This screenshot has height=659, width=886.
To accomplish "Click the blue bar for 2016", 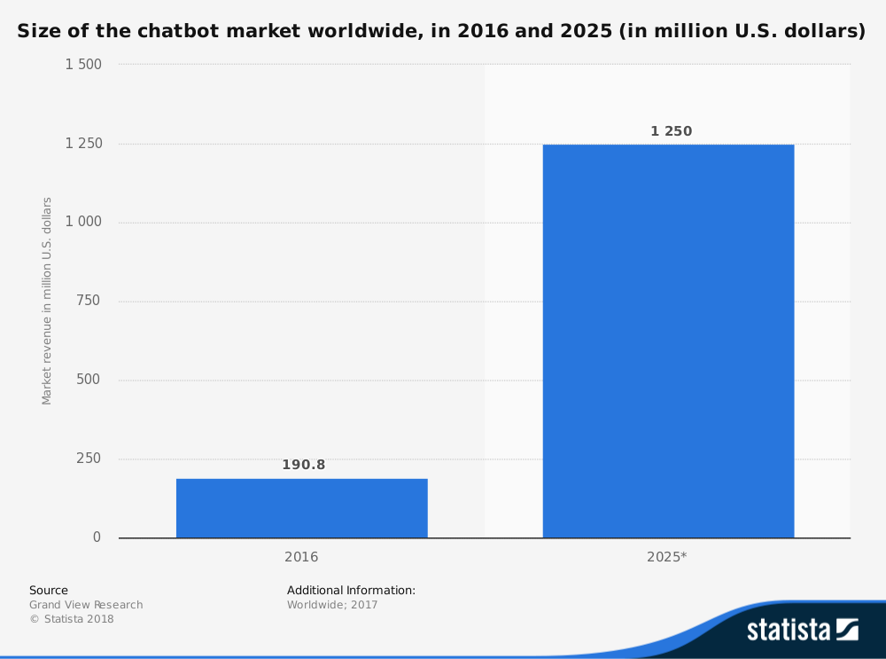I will click(x=301, y=508).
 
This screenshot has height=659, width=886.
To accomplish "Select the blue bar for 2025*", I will click(x=668, y=341).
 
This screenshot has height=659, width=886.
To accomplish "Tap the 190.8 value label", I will click(x=303, y=465).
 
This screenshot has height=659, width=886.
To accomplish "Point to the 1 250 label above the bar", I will click(x=671, y=131).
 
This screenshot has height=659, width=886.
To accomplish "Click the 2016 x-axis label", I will click(x=301, y=557).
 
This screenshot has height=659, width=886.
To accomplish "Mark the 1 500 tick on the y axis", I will click(x=84, y=65).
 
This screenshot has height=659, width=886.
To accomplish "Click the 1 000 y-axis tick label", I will click(x=84, y=222).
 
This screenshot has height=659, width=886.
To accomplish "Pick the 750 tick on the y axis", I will click(x=88, y=301).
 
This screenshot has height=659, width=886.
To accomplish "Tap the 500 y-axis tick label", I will click(x=88, y=380).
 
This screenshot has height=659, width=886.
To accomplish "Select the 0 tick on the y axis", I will click(x=97, y=537).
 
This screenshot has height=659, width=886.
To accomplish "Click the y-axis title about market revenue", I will click(x=47, y=301).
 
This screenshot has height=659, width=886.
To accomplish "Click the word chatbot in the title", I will click(x=176, y=32).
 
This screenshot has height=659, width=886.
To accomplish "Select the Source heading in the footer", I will click(x=49, y=590).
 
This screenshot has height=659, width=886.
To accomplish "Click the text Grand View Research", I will click(x=86, y=605).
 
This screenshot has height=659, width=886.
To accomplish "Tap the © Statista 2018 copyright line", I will click(x=72, y=619).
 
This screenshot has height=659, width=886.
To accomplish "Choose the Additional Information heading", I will click(x=351, y=590).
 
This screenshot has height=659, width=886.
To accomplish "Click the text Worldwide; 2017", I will click(x=332, y=605).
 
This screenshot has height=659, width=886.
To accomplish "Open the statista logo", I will click(x=802, y=629).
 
